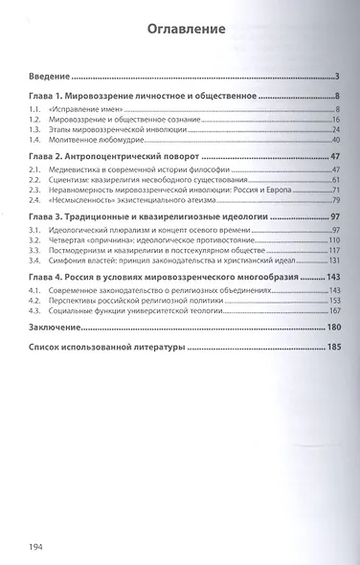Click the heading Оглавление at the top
coord(187,30)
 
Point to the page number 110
coord(335,239)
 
